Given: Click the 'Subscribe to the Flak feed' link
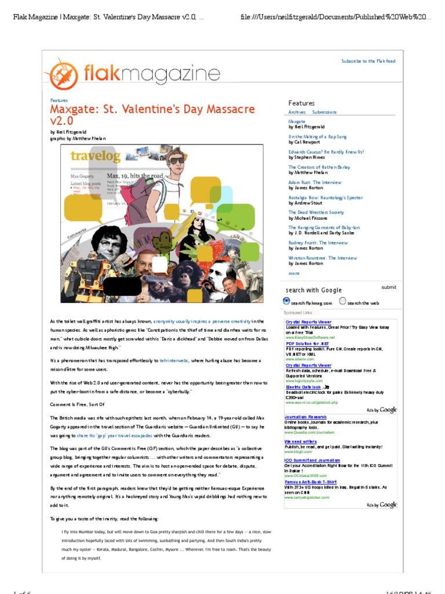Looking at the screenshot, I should [369, 61].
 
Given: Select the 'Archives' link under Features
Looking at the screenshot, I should [297, 112].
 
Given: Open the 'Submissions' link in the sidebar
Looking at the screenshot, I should [324, 112].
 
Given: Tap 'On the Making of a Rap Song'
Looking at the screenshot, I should [317, 137].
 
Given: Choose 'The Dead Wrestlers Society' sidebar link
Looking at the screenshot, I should [316, 212].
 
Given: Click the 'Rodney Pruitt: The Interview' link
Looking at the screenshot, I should [318, 243].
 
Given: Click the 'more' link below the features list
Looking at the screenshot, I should [294, 273].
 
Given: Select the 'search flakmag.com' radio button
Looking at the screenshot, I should [286, 301].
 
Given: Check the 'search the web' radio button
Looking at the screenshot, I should [342, 301].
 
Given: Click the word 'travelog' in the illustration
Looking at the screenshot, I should [96, 155].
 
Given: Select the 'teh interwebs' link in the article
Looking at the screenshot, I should [174, 360].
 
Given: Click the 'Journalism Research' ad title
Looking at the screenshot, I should [305, 417].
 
